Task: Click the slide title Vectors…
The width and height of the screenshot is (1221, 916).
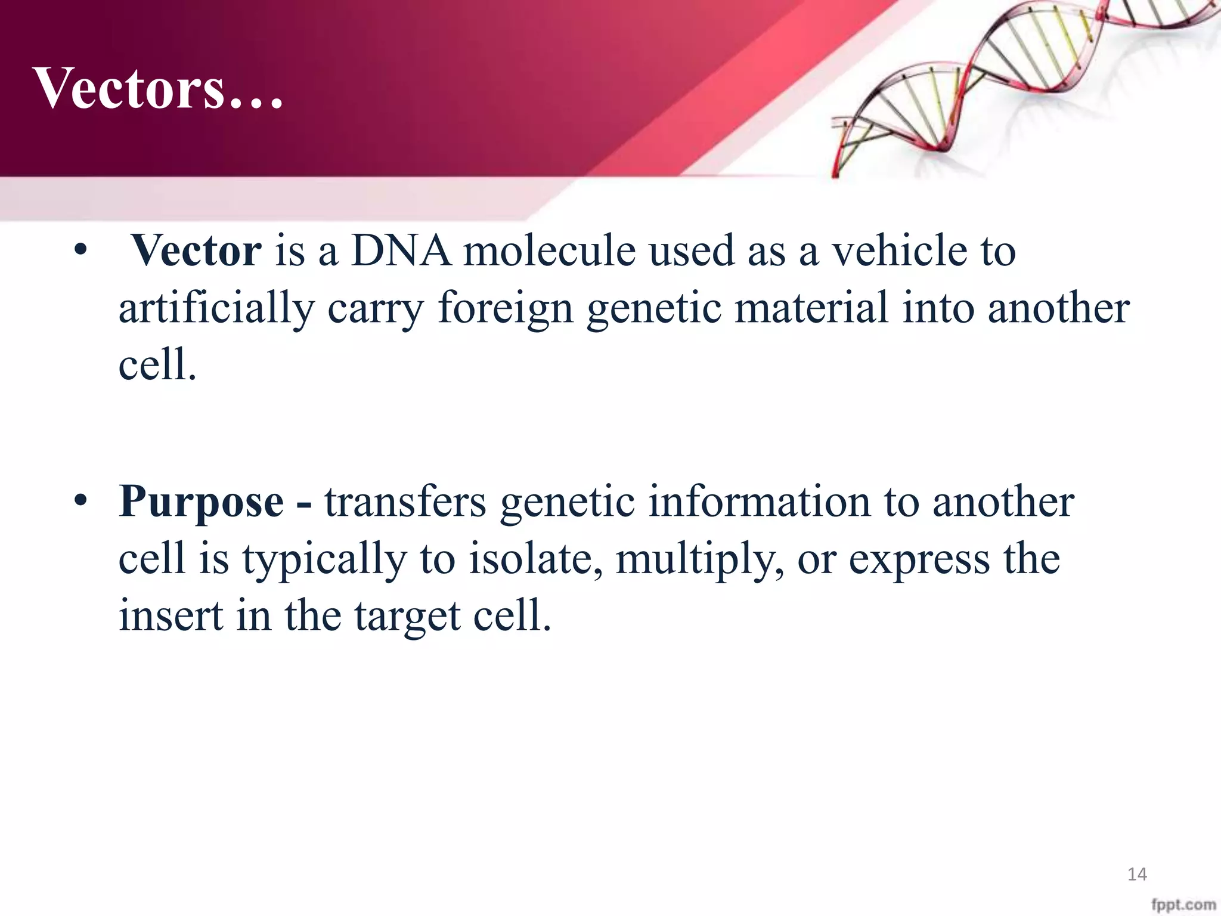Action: coord(158,88)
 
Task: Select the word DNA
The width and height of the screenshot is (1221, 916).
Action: coord(401,250)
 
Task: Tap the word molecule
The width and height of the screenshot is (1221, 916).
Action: coord(549,250)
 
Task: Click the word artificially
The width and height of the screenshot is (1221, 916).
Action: coord(216,309)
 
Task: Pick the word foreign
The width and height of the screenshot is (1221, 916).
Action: coord(505,309)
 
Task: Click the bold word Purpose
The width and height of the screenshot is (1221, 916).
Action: coord(201,502)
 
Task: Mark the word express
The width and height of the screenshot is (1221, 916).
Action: coord(918,561)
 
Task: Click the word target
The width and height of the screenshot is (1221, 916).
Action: coord(407,617)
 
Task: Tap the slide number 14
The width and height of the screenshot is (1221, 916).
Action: coord(1137,874)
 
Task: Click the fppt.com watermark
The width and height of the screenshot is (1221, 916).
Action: coord(1183,905)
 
